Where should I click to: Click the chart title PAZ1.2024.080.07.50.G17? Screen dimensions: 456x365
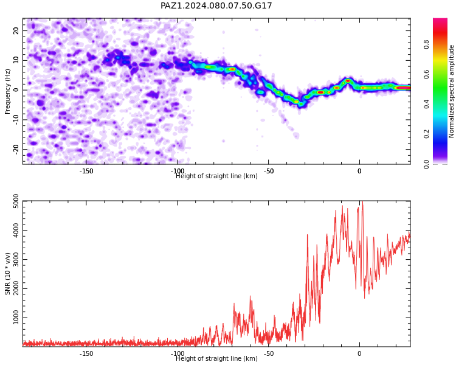click(216, 5)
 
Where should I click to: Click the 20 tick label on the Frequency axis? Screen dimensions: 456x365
click(16, 30)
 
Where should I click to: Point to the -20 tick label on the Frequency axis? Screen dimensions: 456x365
click(16, 150)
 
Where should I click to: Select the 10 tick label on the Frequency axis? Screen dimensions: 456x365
click(16, 60)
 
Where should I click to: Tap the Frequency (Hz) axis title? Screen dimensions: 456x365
click(7, 91)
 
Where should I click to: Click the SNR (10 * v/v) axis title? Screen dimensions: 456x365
click(7, 274)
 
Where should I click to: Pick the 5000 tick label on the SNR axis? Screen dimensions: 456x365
click(16, 201)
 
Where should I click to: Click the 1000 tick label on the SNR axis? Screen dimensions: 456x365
click(16, 318)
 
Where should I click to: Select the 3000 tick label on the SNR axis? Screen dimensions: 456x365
click(16, 259)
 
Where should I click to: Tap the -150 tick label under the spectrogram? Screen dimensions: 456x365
click(86, 171)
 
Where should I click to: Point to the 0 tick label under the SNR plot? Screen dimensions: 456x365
click(359, 353)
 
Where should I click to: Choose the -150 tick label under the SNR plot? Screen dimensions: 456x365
click(86, 353)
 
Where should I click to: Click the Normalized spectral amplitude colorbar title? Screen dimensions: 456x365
click(451, 91)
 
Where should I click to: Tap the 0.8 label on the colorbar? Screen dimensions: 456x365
click(426, 45)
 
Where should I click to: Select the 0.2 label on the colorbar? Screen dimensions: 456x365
click(426, 134)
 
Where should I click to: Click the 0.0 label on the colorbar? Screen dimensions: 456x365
click(426, 164)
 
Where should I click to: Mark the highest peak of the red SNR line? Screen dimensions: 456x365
click(362, 201)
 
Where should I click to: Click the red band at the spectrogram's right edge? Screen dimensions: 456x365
click(404, 88)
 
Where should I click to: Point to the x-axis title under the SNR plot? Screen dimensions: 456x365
click(216, 358)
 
